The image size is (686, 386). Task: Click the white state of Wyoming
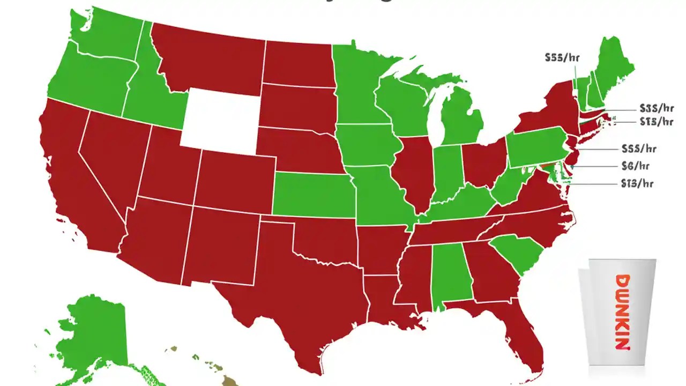(220, 118)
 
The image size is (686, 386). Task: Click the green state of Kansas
(314, 196)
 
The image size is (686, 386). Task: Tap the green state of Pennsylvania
(536, 147)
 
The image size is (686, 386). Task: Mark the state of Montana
(209, 56)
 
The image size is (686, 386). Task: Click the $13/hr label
(637, 183)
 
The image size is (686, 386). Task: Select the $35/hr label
(657, 108)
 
